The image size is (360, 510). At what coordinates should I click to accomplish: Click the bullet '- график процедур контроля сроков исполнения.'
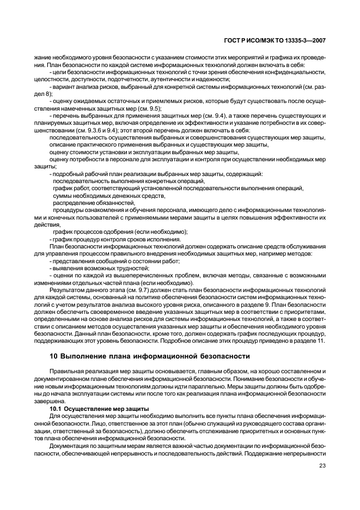115,239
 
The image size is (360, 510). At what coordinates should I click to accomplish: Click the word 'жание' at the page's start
42,57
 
